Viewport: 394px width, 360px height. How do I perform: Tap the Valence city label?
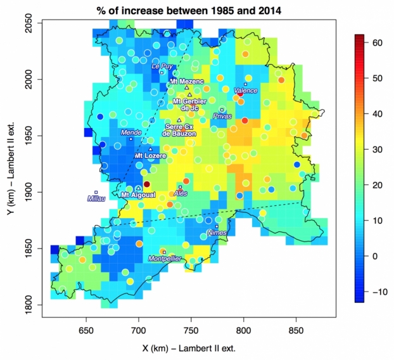(246, 91)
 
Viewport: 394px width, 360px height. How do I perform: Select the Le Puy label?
(163, 65)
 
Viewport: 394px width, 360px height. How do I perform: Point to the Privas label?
(222, 116)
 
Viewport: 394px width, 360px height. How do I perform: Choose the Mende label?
(130, 132)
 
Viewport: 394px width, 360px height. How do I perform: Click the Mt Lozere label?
(150, 155)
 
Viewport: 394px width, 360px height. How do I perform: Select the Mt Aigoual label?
(138, 195)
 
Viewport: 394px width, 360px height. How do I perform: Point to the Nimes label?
(217, 233)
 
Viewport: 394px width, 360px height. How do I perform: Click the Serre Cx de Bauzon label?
(179, 130)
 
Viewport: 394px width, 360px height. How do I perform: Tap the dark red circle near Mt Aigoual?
(147, 184)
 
